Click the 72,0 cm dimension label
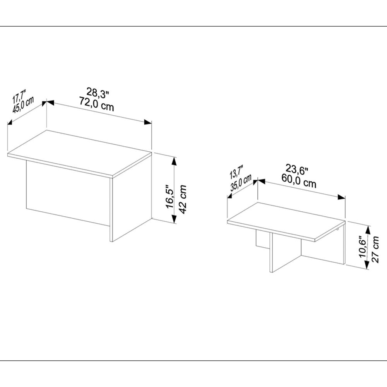pyautogui.click(x=96, y=104)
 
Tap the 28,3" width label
pyautogui.click(x=98, y=92)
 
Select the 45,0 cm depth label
pyautogui.click(x=23, y=105)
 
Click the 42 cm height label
pyautogui.click(x=183, y=199)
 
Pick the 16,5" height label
pyautogui.click(x=170, y=196)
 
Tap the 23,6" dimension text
pyautogui.click(x=297, y=170)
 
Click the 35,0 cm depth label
pyautogui.click(x=241, y=183)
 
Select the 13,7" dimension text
pyautogui.click(x=236, y=172)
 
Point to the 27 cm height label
pyautogui.click(x=375, y=249)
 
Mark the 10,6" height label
pyautogui.click(x=363, y=248)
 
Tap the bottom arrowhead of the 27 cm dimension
pyautogui.click(x=367, y=265)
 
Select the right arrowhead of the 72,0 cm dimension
pyautogui.click(x=148, y=122)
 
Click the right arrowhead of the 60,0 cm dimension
pyautogui.click(x=342, y=197)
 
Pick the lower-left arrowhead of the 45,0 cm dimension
pyautogui.click(x=10, y=122)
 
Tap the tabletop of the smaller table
pyautogui.click(x=286, y=221)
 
